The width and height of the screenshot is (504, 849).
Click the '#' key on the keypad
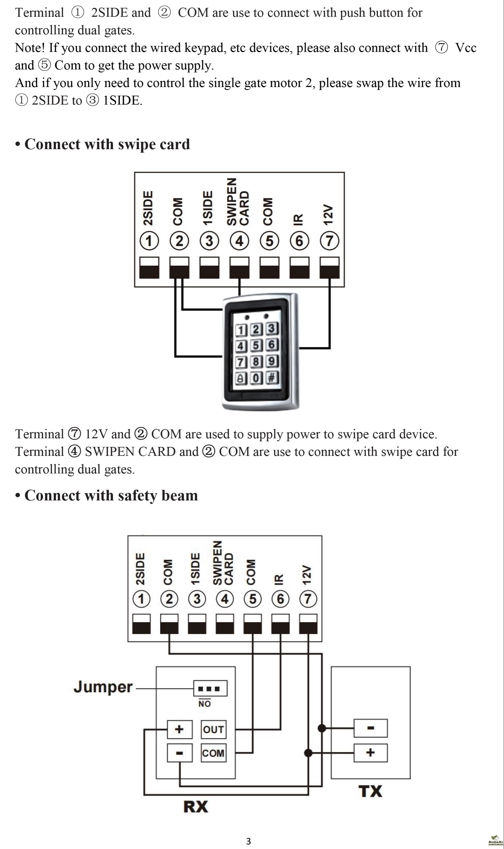pos(271,377)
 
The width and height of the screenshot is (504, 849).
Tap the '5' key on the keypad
pos(256,345)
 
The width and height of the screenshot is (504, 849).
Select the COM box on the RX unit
pos(213,753)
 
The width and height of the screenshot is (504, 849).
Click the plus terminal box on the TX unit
pos(371,753)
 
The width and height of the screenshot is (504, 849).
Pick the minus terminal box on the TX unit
pos(371,728)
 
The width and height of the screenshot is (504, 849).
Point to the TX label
pos(370,791)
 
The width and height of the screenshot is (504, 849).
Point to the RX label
pos(196,807)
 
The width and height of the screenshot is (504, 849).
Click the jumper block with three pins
pos(210,688)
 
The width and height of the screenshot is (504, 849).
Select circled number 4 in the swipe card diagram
pos(239,241)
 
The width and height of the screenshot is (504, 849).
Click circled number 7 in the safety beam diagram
pos(308,599)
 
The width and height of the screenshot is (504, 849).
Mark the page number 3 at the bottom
pos(248,841)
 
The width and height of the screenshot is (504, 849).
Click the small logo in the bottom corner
pos(496,840)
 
